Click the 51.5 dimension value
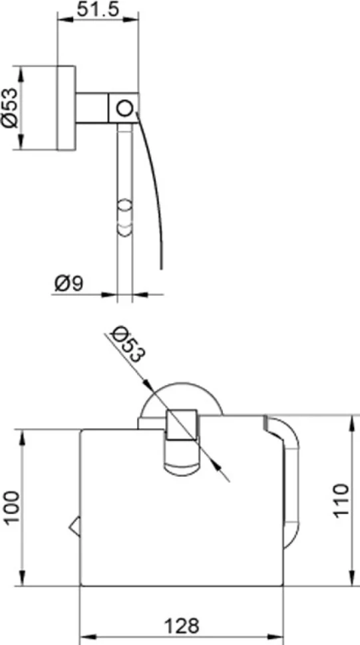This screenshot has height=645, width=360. tap(98, 9)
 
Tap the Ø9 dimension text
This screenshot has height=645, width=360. tap(69, 283)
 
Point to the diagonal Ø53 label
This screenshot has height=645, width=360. tap(128, 344)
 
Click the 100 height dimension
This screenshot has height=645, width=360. tap(13, 507)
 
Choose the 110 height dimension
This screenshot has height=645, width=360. tap(341, 500)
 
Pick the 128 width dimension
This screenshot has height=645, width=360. tap(182, 626)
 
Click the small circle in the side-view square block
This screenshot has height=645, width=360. tap(124, 108)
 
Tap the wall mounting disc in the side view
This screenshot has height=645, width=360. tap(66, 108)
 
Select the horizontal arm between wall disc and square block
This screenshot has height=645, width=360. tap(92, 108)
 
